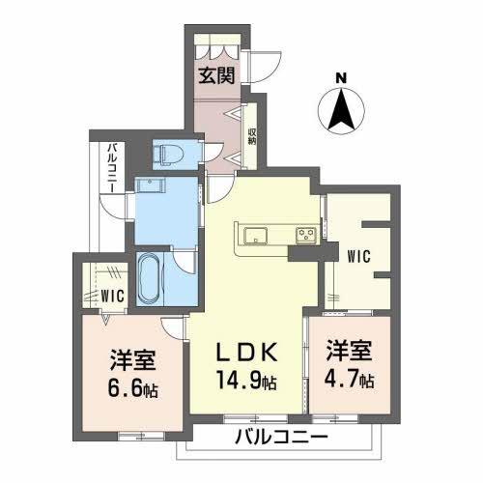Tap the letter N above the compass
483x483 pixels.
pyautogui.click(x=340, y=78)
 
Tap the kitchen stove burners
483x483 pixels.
pyautogui.click(x=305, y=233)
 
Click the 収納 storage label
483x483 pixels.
pyautogui.click(x=251, y=137)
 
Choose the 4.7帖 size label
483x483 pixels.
pyautogui.click(x=350, y=380)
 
